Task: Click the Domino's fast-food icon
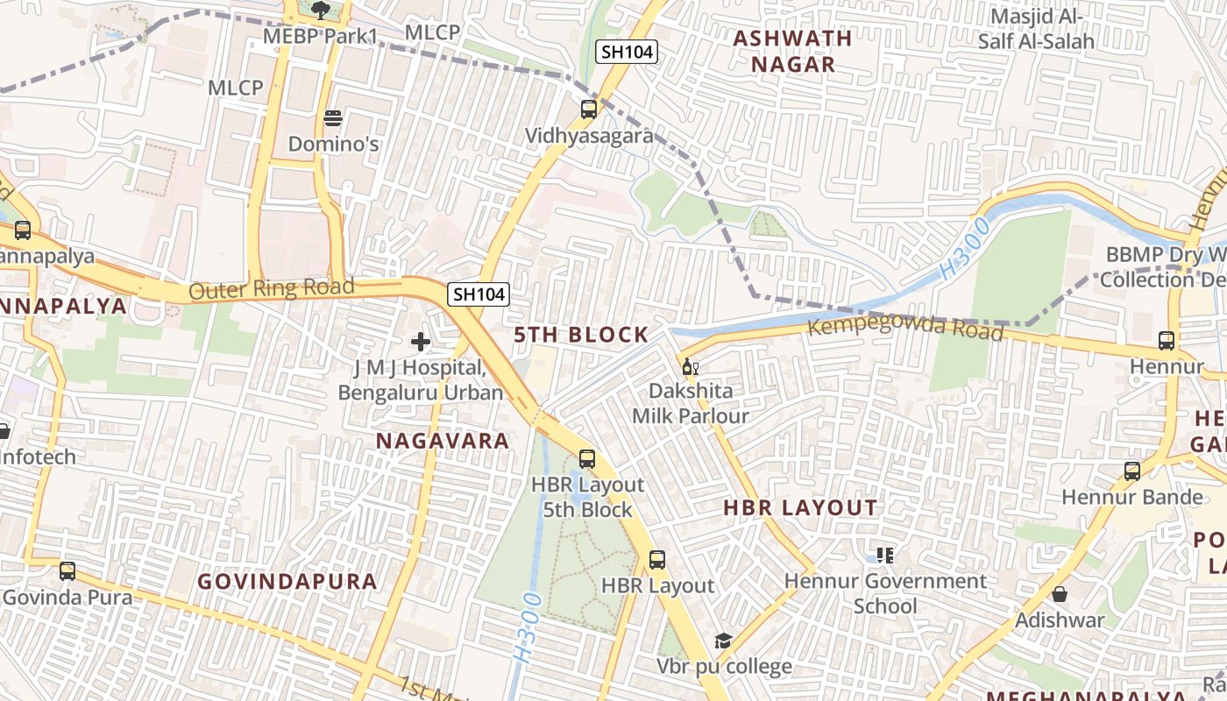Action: click(332, 117)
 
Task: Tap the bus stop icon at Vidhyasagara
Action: click(589, 110)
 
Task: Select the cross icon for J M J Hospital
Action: click(421, 341)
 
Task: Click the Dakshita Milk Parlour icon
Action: click(691, 365)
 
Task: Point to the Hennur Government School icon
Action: click(885, 555)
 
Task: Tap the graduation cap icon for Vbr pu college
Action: click(723, 641)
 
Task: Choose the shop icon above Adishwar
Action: click(1060, 594)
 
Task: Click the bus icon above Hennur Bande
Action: click(1132, 471)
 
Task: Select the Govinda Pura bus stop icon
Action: click(67, 571)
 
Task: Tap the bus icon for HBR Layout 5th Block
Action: click(587, 458)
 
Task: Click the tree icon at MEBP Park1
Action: click(321, 11)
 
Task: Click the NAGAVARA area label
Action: click(443, 441)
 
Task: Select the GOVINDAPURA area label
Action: click(287, 581)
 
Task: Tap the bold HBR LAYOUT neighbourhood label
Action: click(800, 507)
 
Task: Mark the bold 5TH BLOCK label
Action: click(581, 334)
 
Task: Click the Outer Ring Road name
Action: click(272, 288)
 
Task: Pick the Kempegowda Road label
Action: click(905, 327)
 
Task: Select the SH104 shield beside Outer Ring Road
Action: click(479, 294)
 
